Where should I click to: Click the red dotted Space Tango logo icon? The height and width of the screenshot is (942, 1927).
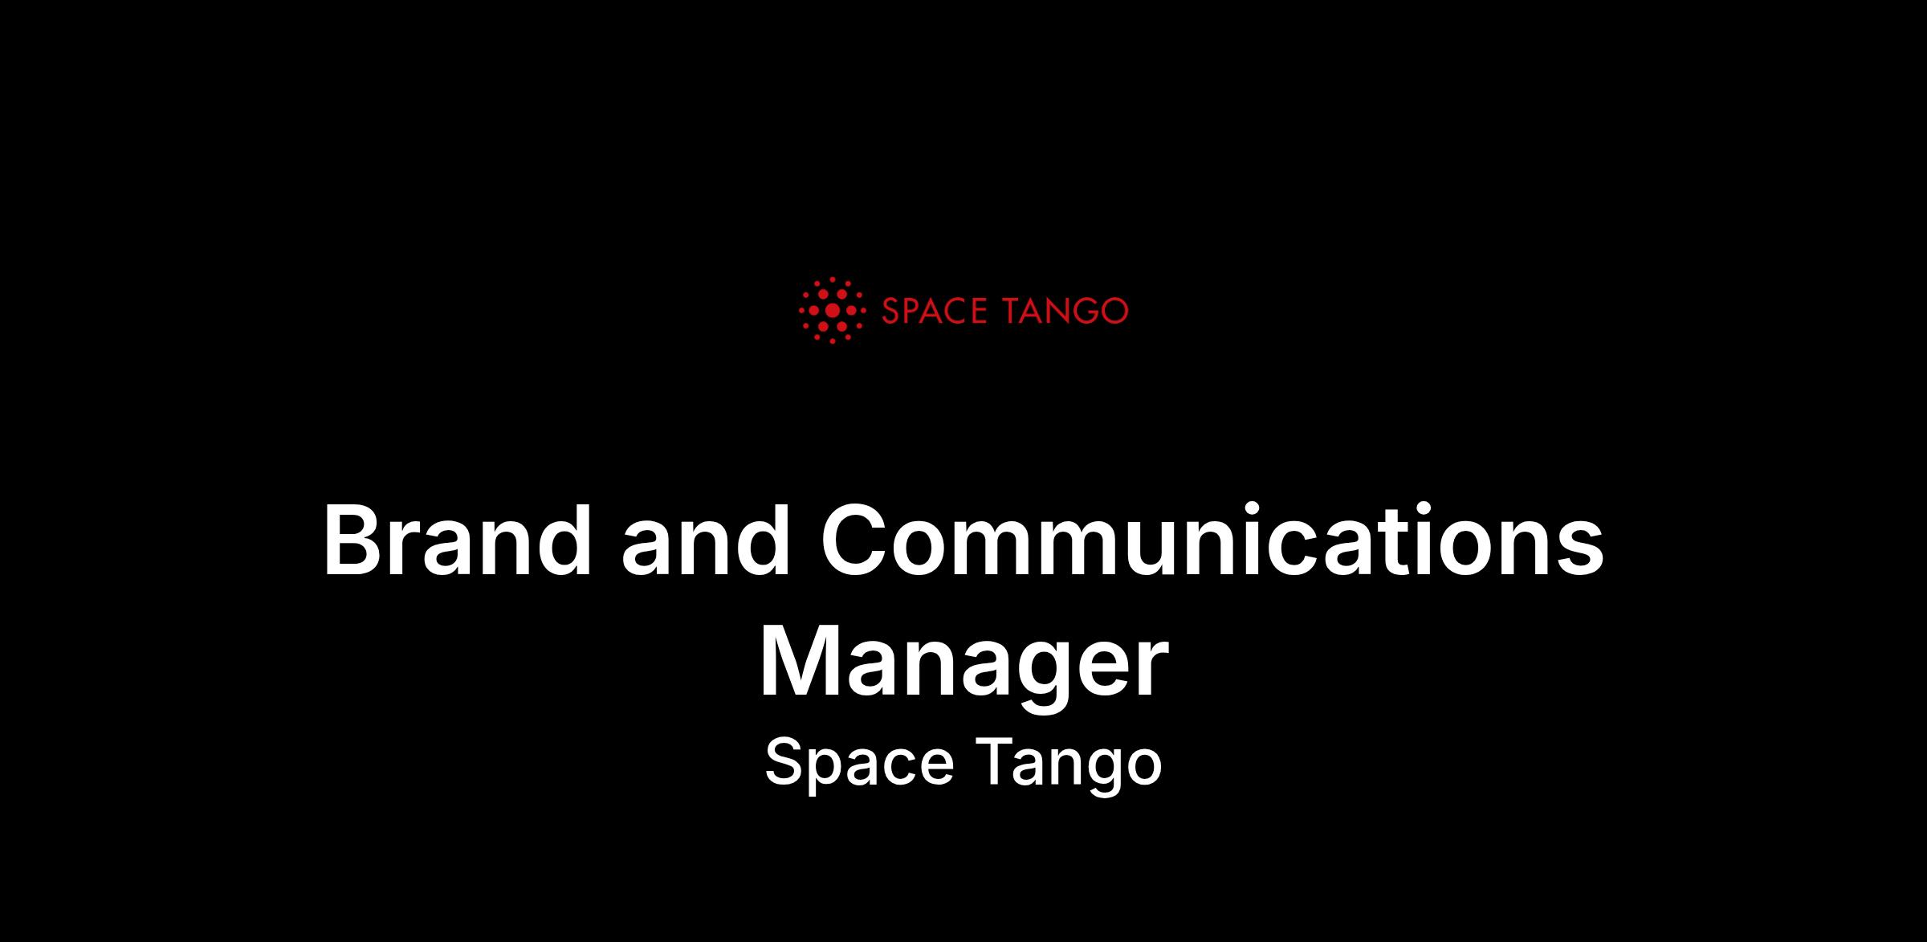[832, 310]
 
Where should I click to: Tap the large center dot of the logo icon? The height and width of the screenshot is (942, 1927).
[833, 310]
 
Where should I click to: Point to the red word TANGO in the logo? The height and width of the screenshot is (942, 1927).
[1066, 311]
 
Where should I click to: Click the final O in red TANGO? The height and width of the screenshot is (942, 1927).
[1114, 311]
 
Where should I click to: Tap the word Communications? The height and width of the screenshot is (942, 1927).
[1212, 540]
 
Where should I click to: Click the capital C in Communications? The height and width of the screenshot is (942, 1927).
[856, 540]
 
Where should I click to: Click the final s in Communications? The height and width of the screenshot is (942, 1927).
[1575, 549]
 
